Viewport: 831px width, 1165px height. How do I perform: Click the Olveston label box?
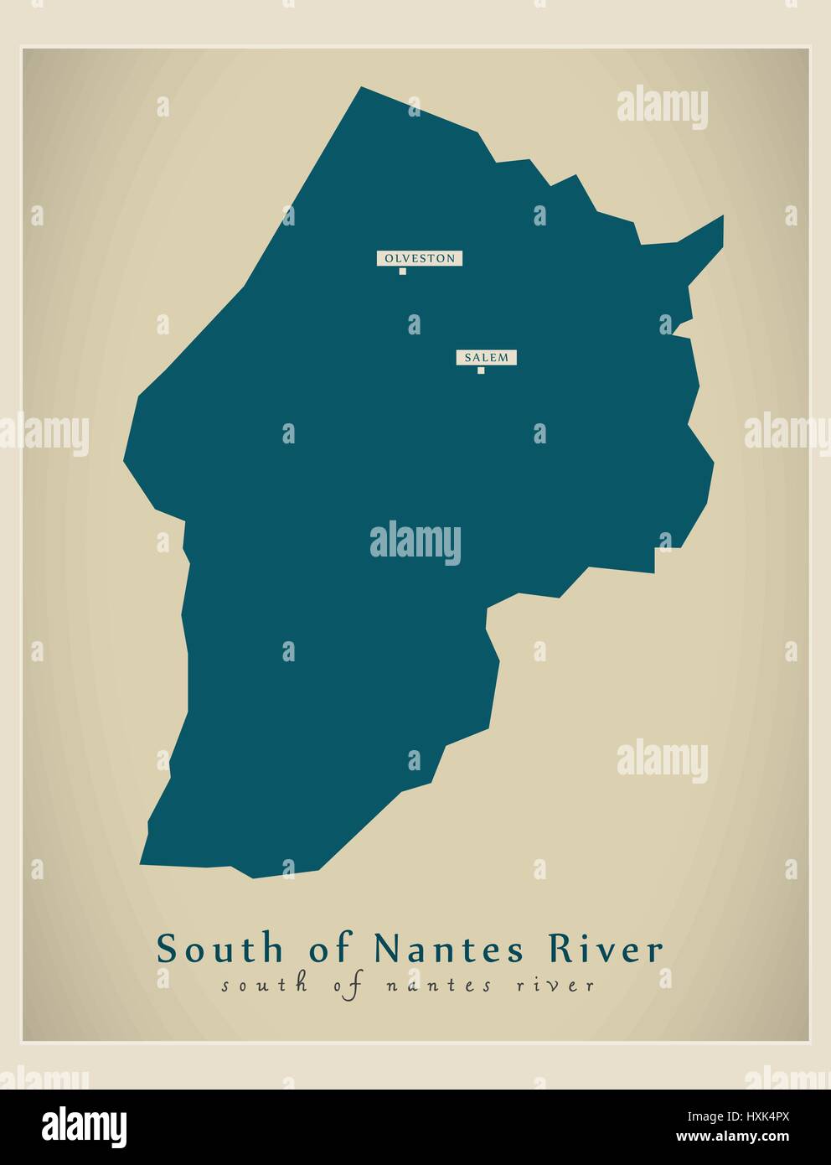click(x=420, y=258)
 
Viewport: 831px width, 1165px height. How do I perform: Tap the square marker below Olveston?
click(x=403, y=272)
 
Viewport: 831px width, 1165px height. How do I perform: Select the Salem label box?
click(x=486, y=358)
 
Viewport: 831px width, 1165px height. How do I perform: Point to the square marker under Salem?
click(x=481, y=370)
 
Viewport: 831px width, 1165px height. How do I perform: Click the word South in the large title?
click(x=219, y=950)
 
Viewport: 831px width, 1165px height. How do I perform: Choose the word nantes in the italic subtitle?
click(x=441, y=986)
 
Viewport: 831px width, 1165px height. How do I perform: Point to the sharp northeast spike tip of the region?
click(x=722, y=216)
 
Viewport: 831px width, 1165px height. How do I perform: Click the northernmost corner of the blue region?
click(x=361, y=87)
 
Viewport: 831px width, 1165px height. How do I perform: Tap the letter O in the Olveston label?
click(x=388, y=258)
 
